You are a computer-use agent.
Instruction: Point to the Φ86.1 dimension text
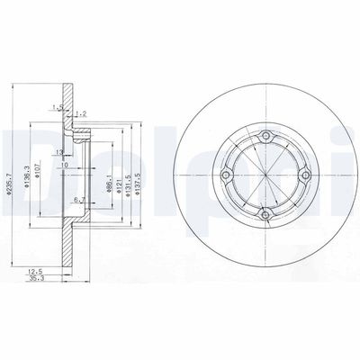click(x=110, y=175)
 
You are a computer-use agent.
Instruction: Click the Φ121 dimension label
click(x=121, y=175)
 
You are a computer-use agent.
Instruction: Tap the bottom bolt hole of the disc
click(x=265, y=215)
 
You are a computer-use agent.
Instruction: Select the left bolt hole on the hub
click(x=226, y=176)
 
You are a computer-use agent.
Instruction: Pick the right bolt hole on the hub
click(x=304, y=175)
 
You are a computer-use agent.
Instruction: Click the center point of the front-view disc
click(x=265, y=175)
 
